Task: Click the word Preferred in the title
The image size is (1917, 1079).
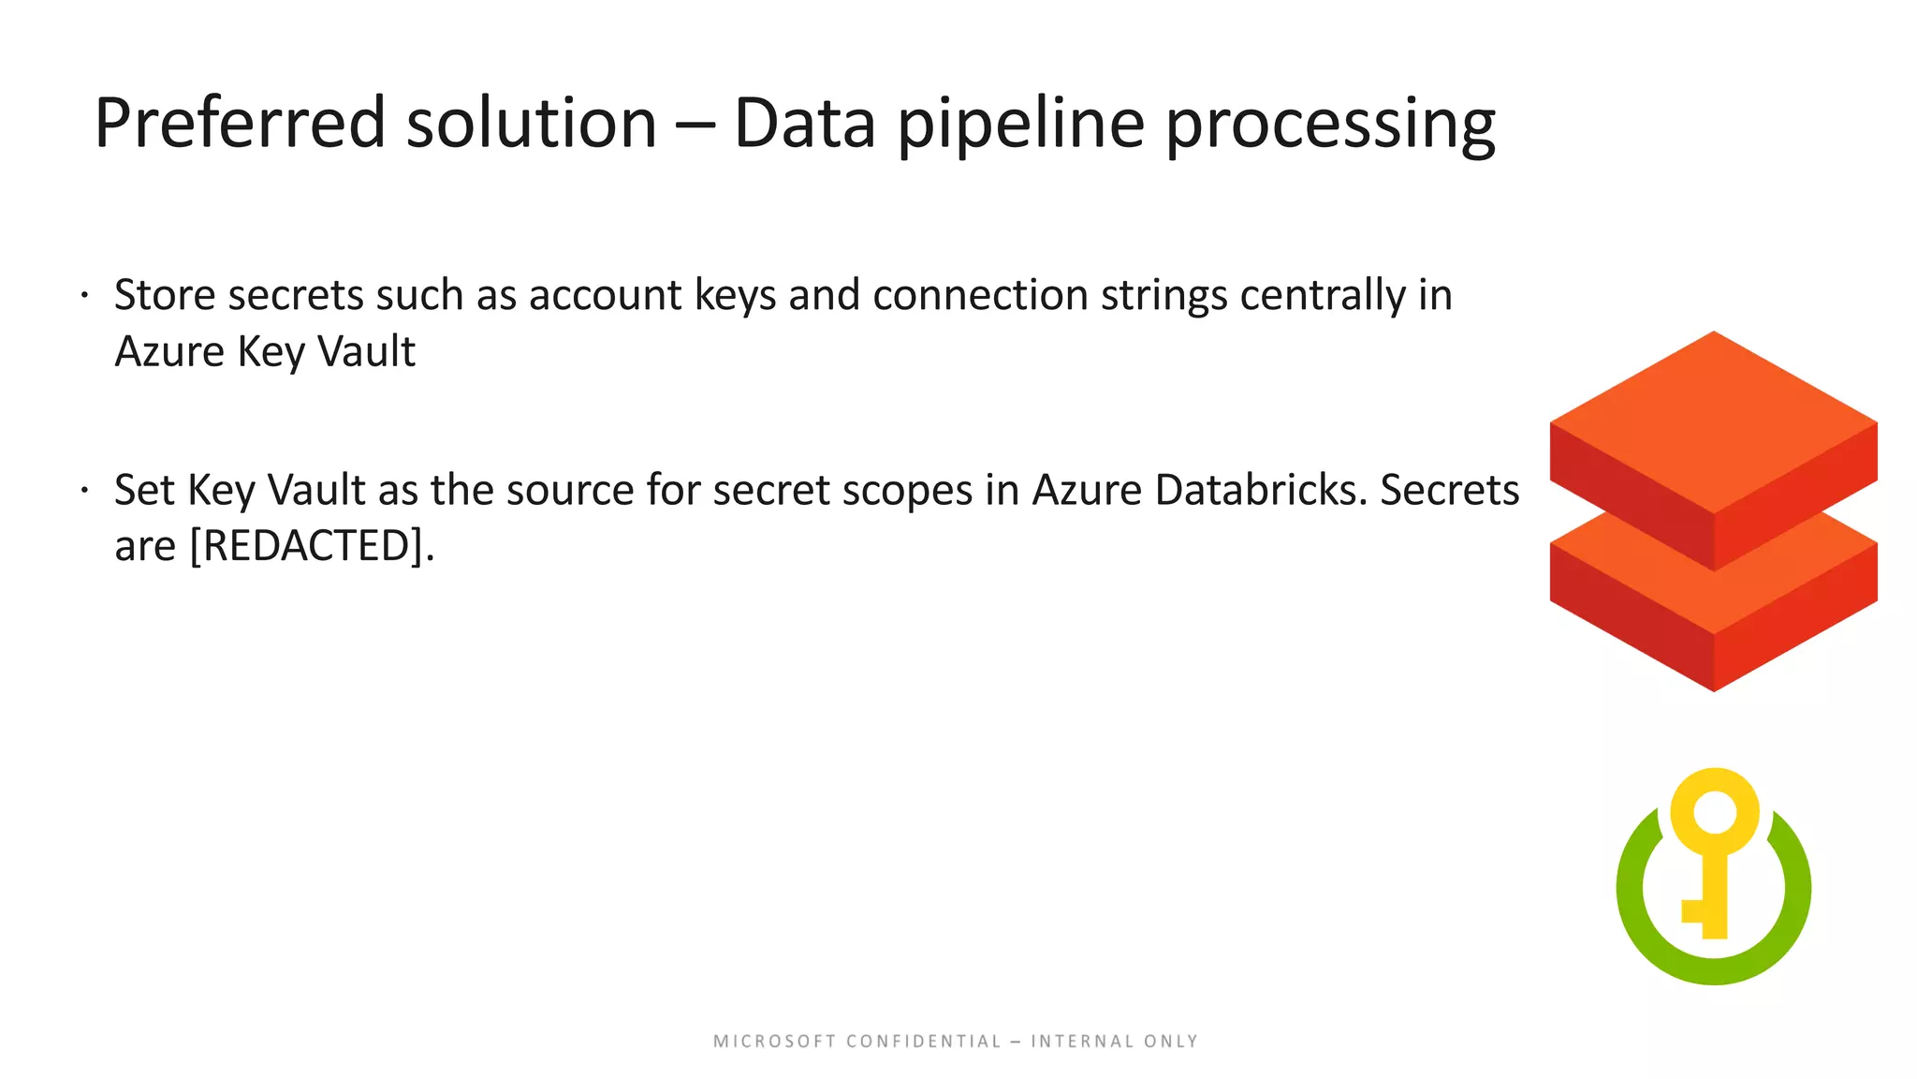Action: click(240, 123)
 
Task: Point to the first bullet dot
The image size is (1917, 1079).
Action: click(84, 296)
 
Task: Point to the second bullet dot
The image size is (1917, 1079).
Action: click(84, 490)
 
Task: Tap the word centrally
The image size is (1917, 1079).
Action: click(1322, 295)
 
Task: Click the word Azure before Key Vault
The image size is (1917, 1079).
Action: click(169, 352)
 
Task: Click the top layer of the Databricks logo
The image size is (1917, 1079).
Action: click(1713, 421)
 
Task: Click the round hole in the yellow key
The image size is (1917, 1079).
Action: click(1715, 812)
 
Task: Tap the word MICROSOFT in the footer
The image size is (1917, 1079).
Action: click(774, 1042)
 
